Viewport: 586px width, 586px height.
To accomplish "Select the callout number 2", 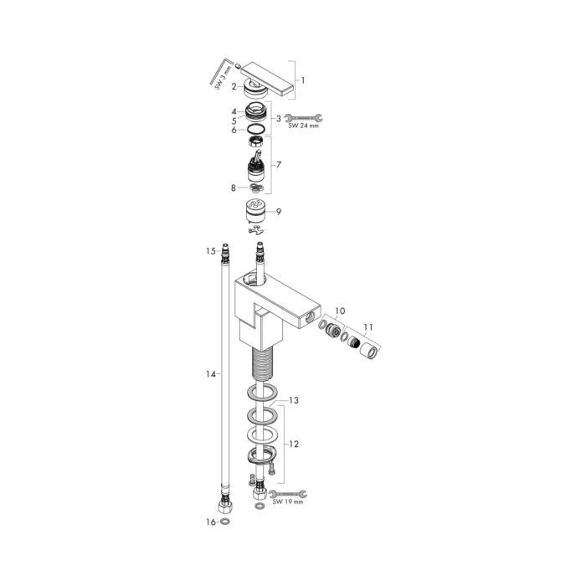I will coord(235,85).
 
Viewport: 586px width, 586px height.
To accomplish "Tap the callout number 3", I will coord(278,118).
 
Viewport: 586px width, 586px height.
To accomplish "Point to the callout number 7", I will coord(278,165).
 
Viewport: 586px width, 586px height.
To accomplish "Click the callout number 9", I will coord(278,212).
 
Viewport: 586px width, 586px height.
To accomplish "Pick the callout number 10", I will coord(339,311).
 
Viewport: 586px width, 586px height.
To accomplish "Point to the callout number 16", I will coord(213,521).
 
